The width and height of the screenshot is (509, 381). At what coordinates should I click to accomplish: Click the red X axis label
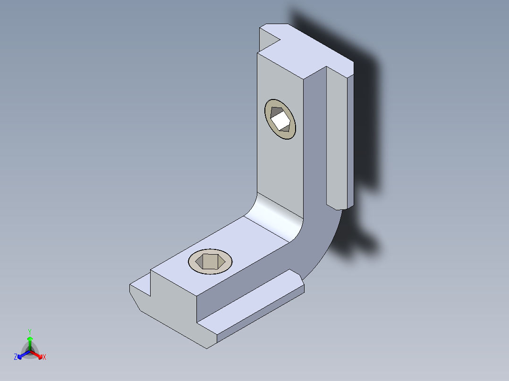(x=44, y=357)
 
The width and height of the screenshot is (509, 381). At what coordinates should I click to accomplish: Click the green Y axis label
(x=29, y=332)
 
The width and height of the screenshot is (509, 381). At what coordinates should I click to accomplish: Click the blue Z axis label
(x=16, y=357)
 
